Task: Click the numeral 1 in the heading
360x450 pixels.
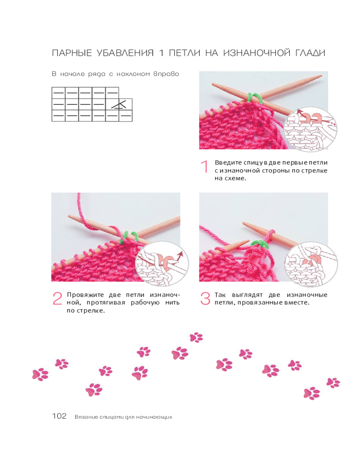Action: click(x=162, y=53)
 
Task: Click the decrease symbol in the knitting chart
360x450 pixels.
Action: click(x=119, y=104)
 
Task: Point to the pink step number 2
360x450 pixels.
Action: click(x=57, y=298)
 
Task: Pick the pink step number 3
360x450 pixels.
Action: click(x=205, y=298)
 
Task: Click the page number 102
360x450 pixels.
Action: click(x=59, y=416)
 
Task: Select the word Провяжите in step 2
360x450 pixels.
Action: click(x=85, y=295)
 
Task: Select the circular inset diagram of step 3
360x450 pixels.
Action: click(x=311, y=265)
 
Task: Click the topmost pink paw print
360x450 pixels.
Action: click(x=196, y=337)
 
